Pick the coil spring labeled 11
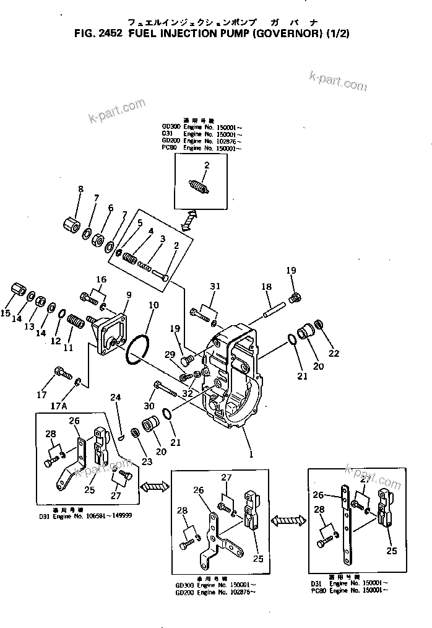click(x=75, y=324)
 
